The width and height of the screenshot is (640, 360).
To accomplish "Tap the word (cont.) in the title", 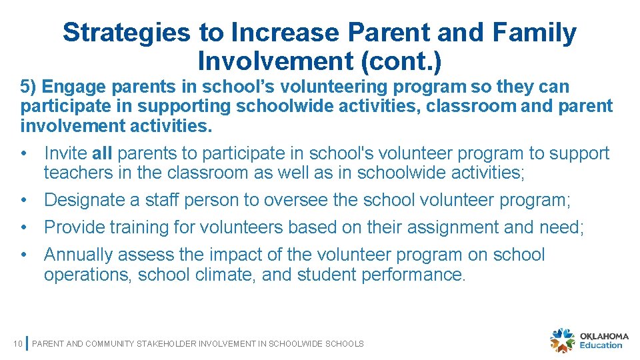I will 401,61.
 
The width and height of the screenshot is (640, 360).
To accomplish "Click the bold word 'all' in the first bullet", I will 102,153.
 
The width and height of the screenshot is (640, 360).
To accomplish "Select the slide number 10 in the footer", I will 18,344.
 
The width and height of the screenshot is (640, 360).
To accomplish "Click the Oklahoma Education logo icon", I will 562,340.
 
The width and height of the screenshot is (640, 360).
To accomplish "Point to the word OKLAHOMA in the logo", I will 604,335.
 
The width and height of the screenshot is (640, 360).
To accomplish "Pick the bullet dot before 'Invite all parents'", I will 23,153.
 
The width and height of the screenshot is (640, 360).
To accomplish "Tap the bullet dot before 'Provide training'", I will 23,227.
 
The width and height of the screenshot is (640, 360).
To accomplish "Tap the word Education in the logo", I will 601,345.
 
